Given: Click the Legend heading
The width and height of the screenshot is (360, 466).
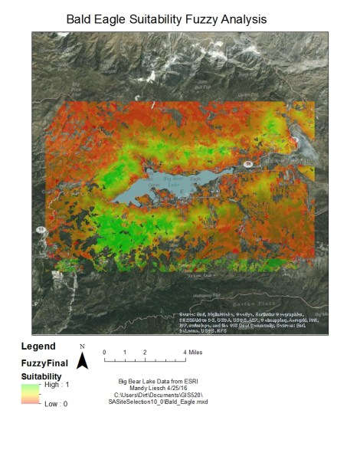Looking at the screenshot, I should (x=38, y=346).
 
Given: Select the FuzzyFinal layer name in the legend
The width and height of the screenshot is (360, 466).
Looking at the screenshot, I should (x=45, y=363).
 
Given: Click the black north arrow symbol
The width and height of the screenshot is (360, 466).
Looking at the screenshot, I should (x=82, y=362).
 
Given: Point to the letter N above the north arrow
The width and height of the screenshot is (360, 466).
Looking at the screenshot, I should (x=82, y=347).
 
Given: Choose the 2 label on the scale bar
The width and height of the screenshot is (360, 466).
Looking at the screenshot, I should (x=145, y=352).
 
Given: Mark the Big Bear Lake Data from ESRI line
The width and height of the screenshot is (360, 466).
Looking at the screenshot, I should (x=162, y=381).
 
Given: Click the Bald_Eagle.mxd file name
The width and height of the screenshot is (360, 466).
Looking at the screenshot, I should (x=188, y=402).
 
